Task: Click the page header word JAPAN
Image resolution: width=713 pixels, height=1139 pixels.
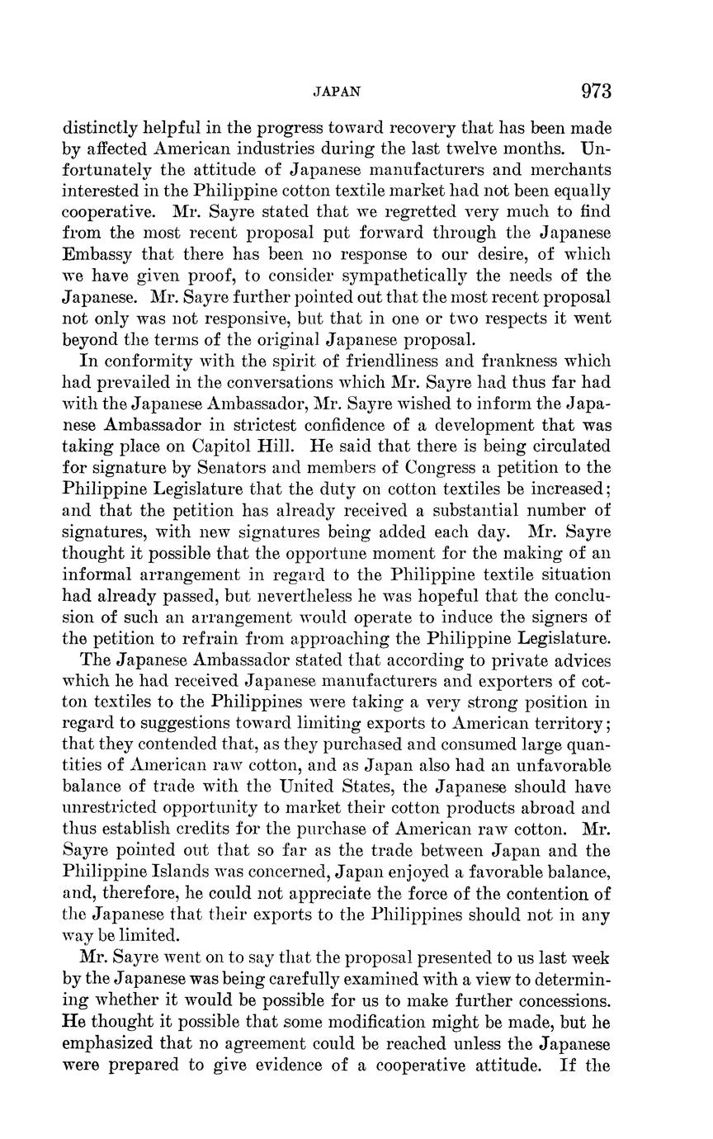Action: [337, 92]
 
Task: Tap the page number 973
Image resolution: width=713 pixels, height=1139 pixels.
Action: [596, 91]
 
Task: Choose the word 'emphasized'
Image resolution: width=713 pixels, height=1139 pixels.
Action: [112, 1043]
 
